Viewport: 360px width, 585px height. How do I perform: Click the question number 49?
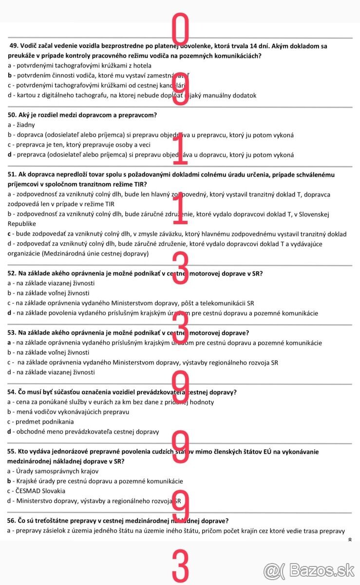[14, 46]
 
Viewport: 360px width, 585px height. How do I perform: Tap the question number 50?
[13, 115]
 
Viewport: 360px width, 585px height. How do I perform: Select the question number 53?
[13, 333]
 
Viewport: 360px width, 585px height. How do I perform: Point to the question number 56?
[13, 521]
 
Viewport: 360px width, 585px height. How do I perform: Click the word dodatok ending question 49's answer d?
[243, 96]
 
